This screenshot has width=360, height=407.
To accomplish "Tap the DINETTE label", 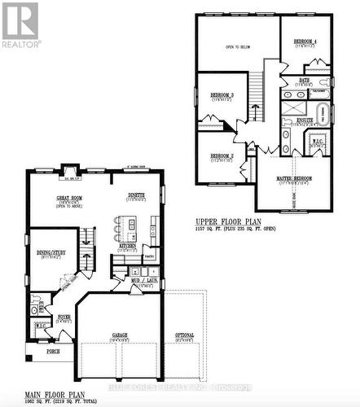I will pos(136,195).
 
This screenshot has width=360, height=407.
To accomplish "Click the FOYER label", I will pos(63,316).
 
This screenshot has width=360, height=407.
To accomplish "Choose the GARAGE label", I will pos(121,335).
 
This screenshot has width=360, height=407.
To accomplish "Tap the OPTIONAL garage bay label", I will pos(184,335).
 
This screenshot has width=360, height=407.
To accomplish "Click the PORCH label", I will pos(53,352).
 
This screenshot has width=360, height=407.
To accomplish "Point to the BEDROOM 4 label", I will pos(306,42).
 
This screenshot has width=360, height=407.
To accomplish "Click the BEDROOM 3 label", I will pos(221,95).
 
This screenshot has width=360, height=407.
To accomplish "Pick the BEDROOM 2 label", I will pos(221,155).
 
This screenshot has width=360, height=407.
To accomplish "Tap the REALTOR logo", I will pos(20,25).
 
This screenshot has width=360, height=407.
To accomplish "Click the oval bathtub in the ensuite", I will pos(320,112).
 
